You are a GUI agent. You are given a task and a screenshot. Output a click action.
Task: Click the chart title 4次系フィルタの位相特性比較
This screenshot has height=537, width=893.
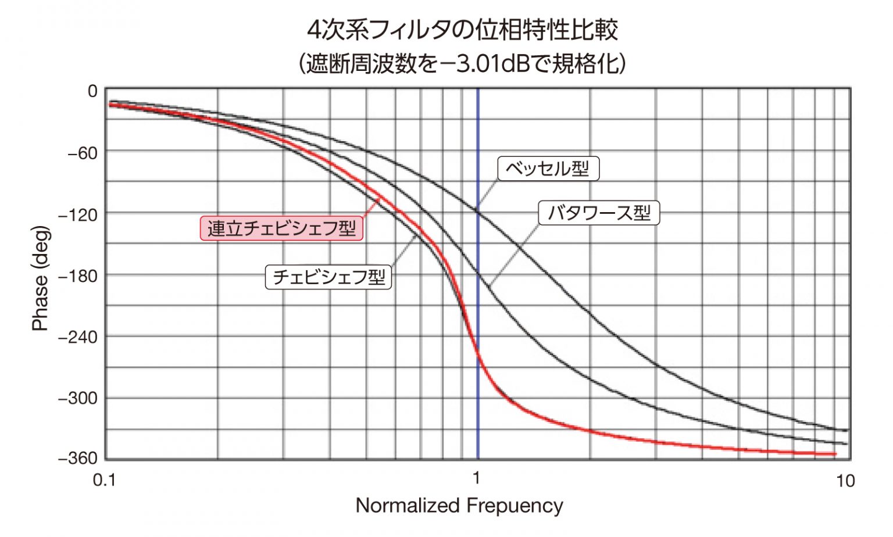(462, 30)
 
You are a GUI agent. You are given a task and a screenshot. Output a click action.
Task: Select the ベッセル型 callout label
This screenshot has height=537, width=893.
(548, 169)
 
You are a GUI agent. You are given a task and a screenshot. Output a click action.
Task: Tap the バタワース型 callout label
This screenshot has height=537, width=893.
(599, 213)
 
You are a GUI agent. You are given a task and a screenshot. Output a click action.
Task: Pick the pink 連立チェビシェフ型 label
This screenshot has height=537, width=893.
(281, 228)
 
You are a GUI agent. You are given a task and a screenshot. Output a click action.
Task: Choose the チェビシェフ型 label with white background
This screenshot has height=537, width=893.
(328, 277)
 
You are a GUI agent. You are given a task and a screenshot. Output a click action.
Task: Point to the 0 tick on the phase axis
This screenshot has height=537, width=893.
(92, 91)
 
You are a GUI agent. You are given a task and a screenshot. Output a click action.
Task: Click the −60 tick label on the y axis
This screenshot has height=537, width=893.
(82, 153)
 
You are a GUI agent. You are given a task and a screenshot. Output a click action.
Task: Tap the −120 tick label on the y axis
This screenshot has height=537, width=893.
(77, 215)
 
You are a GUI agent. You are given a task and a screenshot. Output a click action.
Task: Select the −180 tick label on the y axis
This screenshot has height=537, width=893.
(77, 276)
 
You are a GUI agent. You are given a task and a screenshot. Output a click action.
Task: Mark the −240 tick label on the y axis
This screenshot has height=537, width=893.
(77, 337)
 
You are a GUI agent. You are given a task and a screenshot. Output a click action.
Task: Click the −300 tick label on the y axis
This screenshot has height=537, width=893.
(77, 399)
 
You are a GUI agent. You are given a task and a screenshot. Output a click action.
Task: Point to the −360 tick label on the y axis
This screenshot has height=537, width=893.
(77, 459)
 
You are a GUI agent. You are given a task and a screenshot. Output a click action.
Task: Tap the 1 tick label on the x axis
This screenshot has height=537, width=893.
(476, 478)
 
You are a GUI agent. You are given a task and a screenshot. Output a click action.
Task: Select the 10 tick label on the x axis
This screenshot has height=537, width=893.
(845, 481)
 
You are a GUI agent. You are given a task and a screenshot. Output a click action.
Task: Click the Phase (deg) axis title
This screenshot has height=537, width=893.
(40, 278)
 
